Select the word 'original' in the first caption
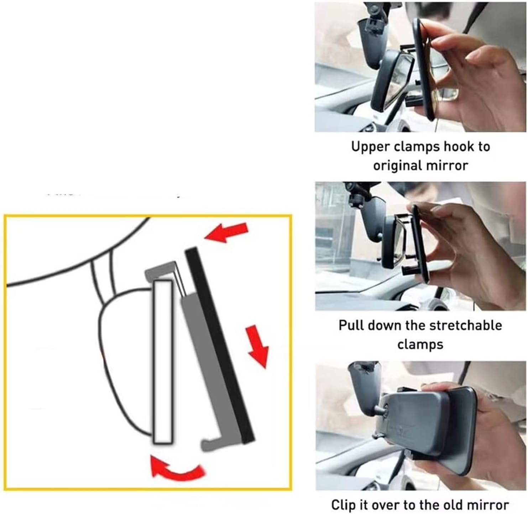click(x=395, y=166)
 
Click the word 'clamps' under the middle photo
click(x=420, y=345)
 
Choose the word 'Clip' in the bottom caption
click(x=344, y=505)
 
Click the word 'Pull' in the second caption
click(x=351, y=325)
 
